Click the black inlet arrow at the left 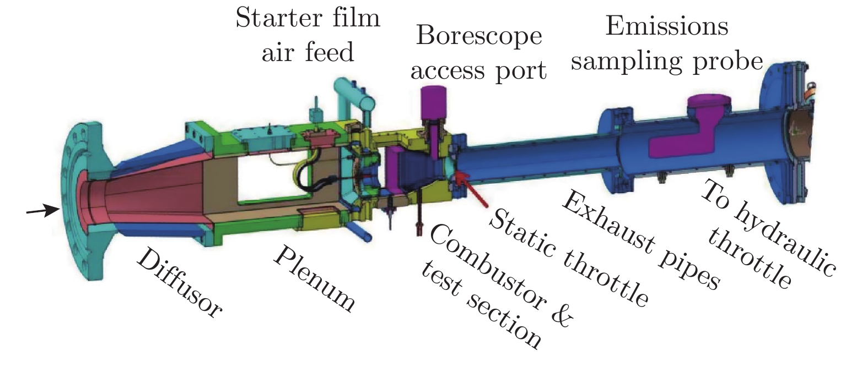tap(43, 211)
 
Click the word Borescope tap(479, 36)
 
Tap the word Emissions tap(667, 25)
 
